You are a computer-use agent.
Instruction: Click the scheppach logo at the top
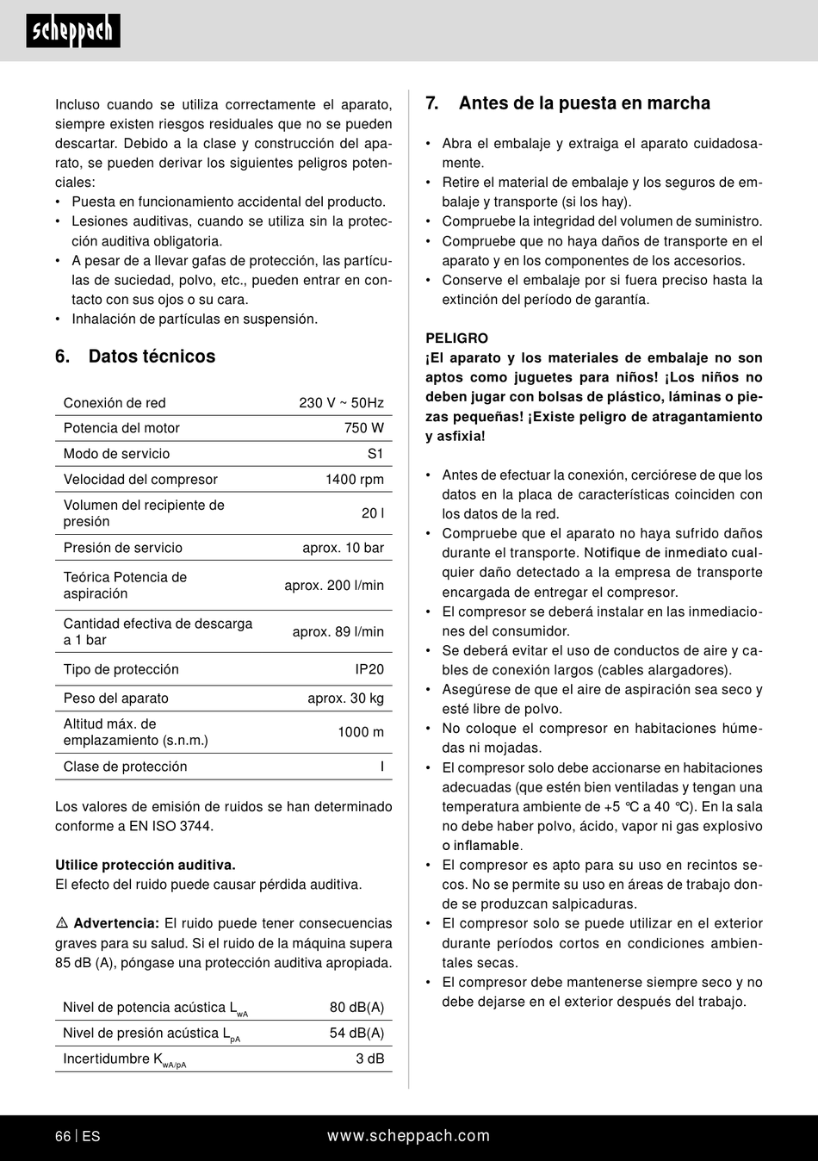(x=73, y=31)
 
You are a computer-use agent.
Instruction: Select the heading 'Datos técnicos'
(x=152, y=357)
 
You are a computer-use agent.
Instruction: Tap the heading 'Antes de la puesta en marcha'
(x=584, y=103)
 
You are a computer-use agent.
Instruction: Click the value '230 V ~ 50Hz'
(x=341, y=403)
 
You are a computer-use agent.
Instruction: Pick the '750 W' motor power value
(x=363, y=428)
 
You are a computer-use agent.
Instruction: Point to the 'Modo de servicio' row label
(x=116, y=454)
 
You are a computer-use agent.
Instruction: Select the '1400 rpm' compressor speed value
(x=354, y=480)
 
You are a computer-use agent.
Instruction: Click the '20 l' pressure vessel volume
(x=372, y=513)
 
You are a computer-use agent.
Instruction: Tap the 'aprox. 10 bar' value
(x=343, y=548)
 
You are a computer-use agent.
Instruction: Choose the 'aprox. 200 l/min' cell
(x=334, y=586)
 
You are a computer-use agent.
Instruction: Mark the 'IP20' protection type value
(x=369, y=669)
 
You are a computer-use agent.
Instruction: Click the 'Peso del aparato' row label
(x=115, y=698)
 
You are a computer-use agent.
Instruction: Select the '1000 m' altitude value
(x=360, y=732)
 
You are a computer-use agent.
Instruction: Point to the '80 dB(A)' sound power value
(x=356, y=1007)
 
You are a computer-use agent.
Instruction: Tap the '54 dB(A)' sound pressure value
(x=356, y=1033)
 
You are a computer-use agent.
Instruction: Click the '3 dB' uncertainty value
(x=369, y=1059)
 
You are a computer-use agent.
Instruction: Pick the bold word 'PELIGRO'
(x=456, y=338)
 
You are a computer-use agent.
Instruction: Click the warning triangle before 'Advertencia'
(x=62, y=923)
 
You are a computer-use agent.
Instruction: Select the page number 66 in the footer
(x=63, y=1136)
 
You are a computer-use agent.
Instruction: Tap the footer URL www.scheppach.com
(x=408, y=1136)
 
